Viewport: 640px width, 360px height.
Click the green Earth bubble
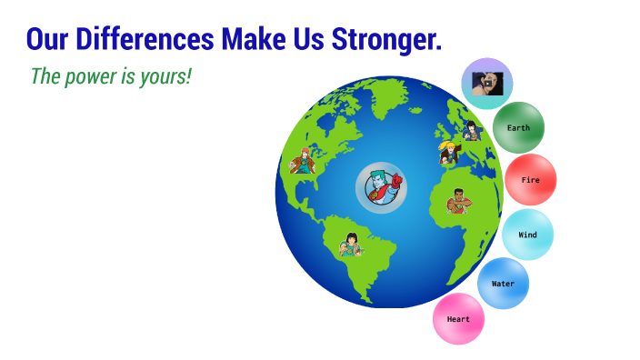(x=518, y=127)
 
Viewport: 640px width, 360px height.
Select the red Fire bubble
(x=530, y=180)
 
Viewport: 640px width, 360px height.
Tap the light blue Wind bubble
(x=527, y=235)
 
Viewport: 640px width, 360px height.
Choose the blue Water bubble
(x=503, y=283)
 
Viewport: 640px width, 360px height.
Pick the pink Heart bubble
(x=458, y=319)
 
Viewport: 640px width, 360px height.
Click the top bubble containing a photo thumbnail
(x=486, y=84)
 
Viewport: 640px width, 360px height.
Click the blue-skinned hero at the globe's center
(x=380, y=188)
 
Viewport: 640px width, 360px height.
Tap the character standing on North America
(x=302, y=160)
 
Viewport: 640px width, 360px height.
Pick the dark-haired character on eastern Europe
(x=471, y=132)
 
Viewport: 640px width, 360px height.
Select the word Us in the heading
(x=305, y=39)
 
